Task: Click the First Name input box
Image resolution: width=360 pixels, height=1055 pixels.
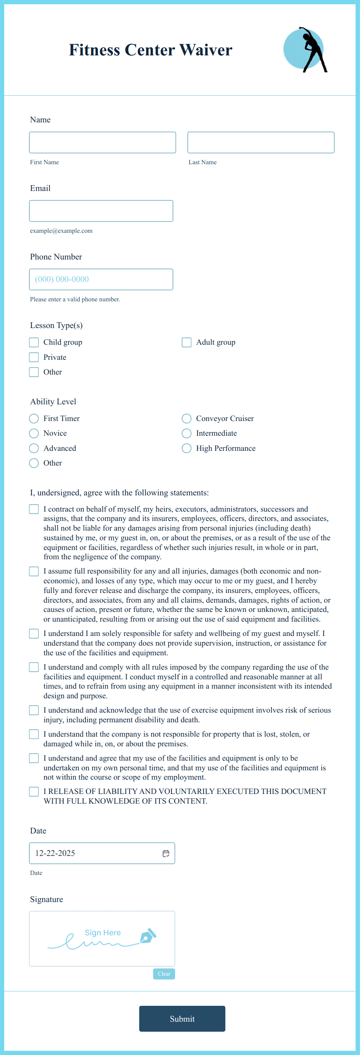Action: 103,142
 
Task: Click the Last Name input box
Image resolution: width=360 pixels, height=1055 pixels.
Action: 261,142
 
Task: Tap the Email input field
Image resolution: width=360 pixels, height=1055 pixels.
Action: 101,211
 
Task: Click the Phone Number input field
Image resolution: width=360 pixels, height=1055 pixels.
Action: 101,279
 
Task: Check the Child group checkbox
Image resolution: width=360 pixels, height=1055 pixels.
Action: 34,342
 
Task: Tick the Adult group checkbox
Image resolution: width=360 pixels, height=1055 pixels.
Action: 186,342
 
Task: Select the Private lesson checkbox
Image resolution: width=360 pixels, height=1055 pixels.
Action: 34,357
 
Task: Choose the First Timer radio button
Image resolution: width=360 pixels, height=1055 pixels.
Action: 34,418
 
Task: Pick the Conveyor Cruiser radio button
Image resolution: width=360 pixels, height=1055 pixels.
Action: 186,418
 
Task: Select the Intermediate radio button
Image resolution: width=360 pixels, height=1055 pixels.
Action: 186,433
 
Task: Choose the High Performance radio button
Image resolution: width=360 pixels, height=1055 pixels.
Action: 186,448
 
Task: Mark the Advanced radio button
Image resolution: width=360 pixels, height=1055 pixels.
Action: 34,448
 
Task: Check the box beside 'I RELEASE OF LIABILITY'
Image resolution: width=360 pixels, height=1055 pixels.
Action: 34,791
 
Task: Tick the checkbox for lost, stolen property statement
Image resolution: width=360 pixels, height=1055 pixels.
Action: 34,734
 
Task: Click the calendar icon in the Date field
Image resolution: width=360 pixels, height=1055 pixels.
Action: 166,853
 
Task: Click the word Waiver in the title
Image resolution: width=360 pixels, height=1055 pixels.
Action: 206,50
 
